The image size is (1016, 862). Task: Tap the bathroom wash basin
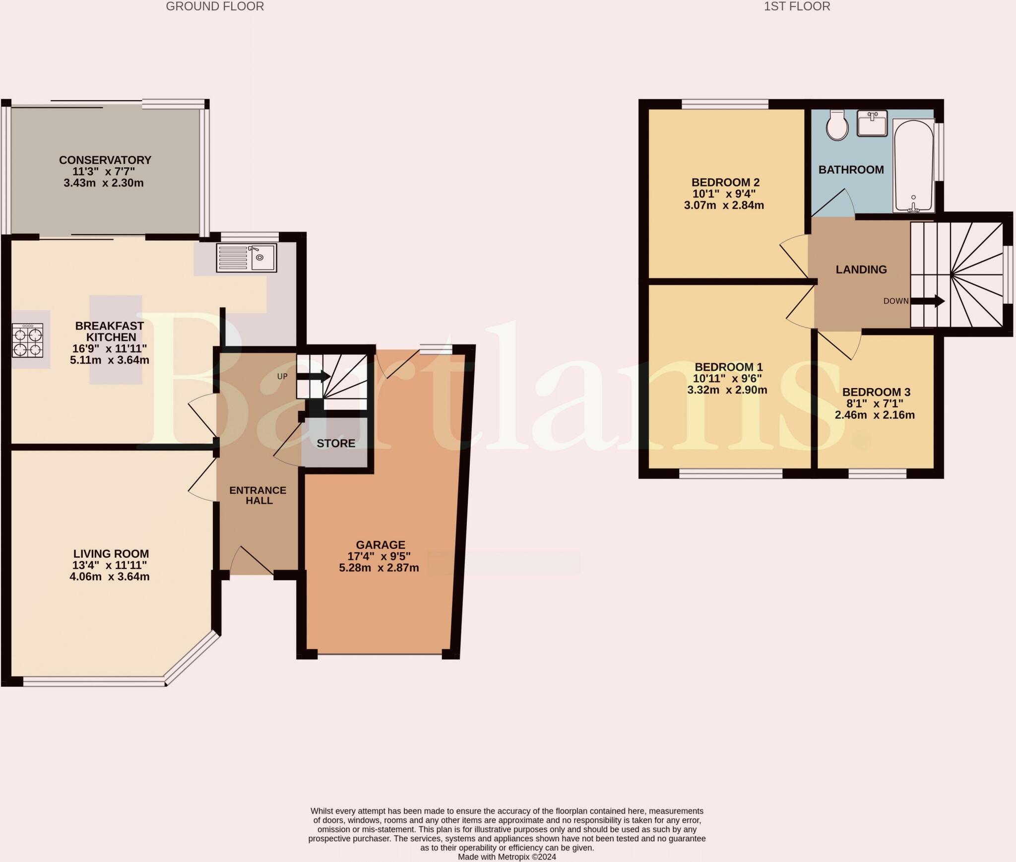(x=872, y=123)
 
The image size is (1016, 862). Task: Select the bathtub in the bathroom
(x=913, y=165)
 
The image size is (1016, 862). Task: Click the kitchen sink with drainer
(x=247, y=258)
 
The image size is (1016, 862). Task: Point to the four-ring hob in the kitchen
(x=28, y=340)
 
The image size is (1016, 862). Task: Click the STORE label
(x=336, y=443)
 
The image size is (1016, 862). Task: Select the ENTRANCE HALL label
(x=258, y=495)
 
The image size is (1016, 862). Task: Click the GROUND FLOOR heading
(x=215, y=6)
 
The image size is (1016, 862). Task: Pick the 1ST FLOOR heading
(x=797, y=6)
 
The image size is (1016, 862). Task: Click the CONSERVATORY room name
(x=105, y=160)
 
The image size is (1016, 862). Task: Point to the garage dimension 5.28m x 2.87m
(x=379, y=568)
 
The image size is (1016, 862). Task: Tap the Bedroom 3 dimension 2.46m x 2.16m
(x=875, y=415)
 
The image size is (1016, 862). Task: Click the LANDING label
(x=861, y=269)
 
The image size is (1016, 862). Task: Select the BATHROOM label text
(x=851, y=170)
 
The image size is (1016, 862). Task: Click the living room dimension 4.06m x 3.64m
(x=110, y=577)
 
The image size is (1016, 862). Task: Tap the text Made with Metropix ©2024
(x=507, y=857)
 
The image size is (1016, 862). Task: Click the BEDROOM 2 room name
(x=726, y=182)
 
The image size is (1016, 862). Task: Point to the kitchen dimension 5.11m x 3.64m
(x=110, y=360)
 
